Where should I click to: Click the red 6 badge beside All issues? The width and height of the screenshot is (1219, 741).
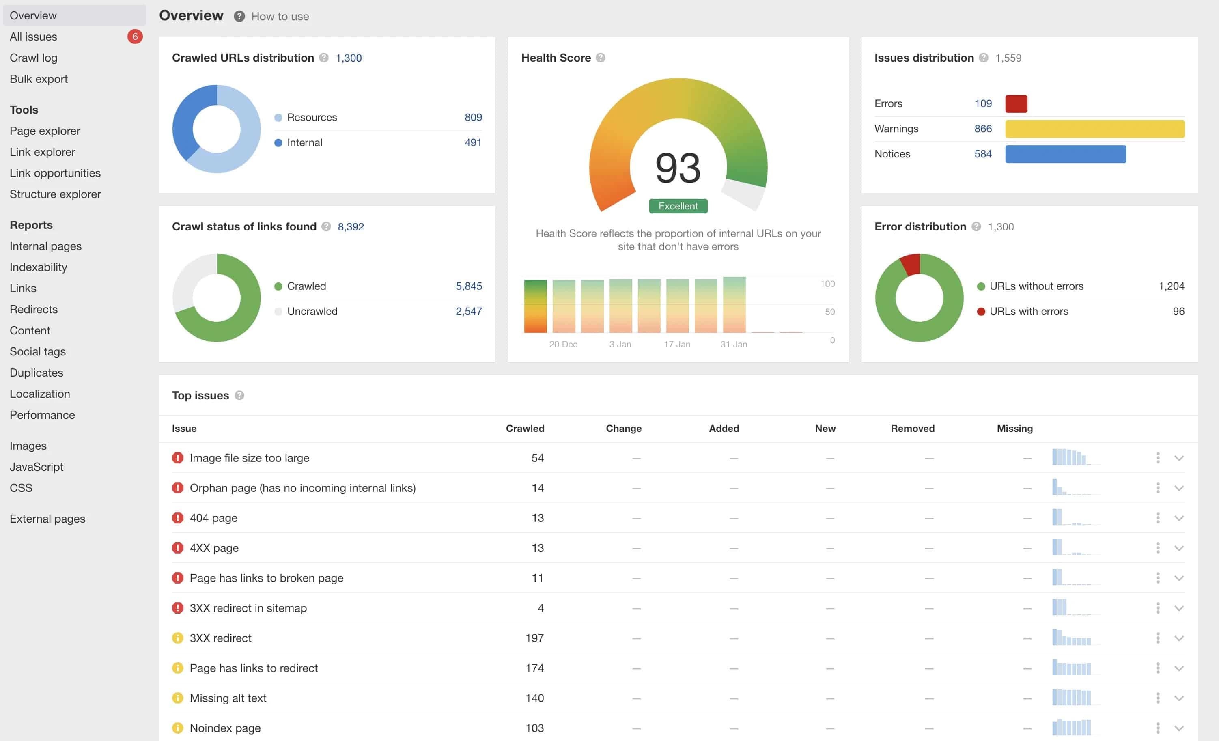pyautogui.click(x=135, y=37)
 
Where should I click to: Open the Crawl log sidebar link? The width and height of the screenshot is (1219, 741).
pyautogui.click(x=34, y=58)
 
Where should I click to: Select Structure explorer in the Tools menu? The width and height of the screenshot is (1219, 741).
pyautogui.click(x=55, y=194)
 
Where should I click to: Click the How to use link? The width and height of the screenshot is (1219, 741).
pyautogui.click(x=280, y=16)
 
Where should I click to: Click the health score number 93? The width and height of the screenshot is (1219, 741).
pyautogui.click(x=678, y=168)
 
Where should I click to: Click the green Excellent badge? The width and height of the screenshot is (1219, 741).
pyautogui.click(x=678, y=206)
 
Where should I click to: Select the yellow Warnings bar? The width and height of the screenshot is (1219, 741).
pyautogui.click(x=1094, y=129)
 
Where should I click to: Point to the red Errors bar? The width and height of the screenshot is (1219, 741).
pyautogui.click(x=1016, y=104)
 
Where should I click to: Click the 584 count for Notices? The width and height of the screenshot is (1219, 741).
pyautogui.click(x=982, y=154)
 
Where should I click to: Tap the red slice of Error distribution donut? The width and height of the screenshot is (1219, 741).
pyautogui.click(x=911, y=264)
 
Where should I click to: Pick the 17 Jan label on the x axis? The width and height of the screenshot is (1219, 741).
pyautogui.click(x=677, y=344)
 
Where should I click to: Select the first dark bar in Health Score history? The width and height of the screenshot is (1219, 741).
pyautogui.click(x=535, y=306)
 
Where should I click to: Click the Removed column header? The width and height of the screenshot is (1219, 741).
pyautogui.click(x=912, y=429)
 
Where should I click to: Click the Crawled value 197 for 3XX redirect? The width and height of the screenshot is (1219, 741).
pyautogui.click(x=534, y=638)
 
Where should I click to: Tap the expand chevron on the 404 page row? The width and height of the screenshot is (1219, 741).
pyautogui.click(x=1179, y=518)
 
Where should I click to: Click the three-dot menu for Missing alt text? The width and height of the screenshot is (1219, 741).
pyautogui.click(x=1158, y=698)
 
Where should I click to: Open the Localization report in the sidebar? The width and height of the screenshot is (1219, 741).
pyautogui.click(x=40, y=394)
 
